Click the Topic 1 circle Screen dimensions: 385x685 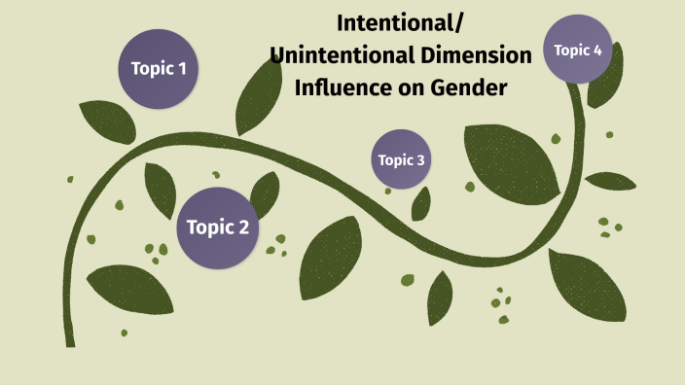point(159,69)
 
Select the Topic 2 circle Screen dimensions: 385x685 point(218,227)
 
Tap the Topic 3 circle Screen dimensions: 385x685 point(401,159)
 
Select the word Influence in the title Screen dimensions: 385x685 point(340,88)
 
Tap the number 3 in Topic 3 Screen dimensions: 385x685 point(419,160)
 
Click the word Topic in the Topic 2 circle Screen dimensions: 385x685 point(207,227)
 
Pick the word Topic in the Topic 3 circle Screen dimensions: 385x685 point(394,160)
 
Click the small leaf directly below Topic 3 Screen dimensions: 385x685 point(421,203)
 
